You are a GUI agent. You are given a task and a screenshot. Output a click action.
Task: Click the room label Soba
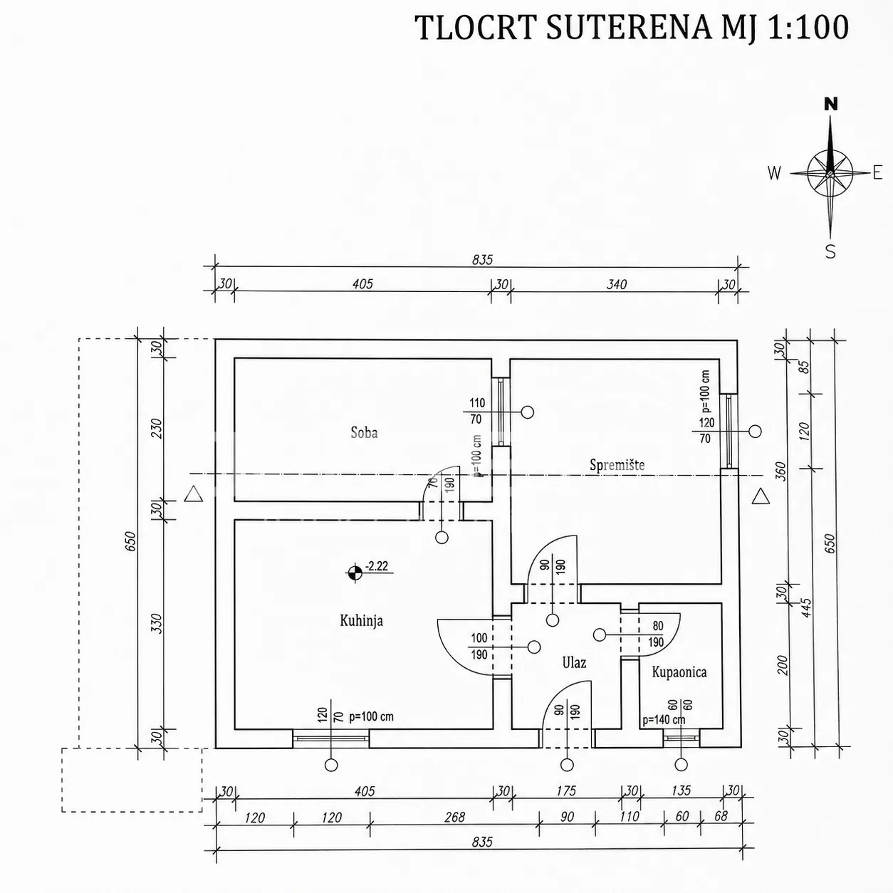(x=364, y=433)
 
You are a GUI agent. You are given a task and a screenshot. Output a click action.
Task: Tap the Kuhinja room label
(x=362, y=620)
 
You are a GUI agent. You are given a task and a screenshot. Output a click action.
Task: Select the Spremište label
(x=617, y=465)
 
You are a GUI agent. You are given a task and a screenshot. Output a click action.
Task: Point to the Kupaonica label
(x=679, y=672)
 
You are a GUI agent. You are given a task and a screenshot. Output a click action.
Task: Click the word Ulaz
(x=574, y=663)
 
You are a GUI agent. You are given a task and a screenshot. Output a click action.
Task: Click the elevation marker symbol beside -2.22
(x=355, y=573)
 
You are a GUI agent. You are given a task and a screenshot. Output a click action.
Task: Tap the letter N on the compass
(x=831, y=104)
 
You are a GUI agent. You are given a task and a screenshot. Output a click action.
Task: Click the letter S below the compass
(x=830, y=251)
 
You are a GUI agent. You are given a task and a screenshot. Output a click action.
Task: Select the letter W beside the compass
(x=774, y=173)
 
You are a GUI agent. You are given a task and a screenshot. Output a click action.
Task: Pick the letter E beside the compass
(x=877, y=173)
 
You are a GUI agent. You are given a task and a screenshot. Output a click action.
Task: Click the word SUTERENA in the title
(x=629, y=27)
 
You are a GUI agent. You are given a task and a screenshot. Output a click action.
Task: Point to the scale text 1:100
(x=808, y=27)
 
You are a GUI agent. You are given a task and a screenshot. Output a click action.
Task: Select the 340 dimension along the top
(x=617, y=284)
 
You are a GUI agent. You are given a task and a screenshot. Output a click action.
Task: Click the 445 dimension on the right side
(x=807, y=607)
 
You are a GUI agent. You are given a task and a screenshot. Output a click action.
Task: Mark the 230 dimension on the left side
(x=157, y=429)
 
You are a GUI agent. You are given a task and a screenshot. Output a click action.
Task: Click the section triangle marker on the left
(x=193, y=494)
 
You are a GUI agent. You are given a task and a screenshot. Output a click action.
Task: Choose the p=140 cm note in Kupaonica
(x=664, y=720)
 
